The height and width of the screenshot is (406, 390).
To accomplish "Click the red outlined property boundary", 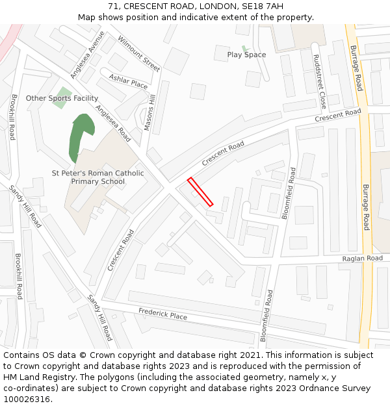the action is (200, 192).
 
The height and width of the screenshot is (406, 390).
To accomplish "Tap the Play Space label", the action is (246, 55).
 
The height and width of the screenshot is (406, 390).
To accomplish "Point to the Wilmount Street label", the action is (139, 53).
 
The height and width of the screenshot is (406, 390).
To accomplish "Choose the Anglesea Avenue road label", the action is (87, 55).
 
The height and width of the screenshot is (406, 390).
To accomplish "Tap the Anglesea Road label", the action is (113, 123).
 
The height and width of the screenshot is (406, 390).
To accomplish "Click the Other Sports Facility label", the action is (62, 98).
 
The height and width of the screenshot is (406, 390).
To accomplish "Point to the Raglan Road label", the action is (363, 259).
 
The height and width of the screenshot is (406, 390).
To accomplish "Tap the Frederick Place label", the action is (162, 314).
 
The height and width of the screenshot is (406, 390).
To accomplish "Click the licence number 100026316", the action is (27, 399).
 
